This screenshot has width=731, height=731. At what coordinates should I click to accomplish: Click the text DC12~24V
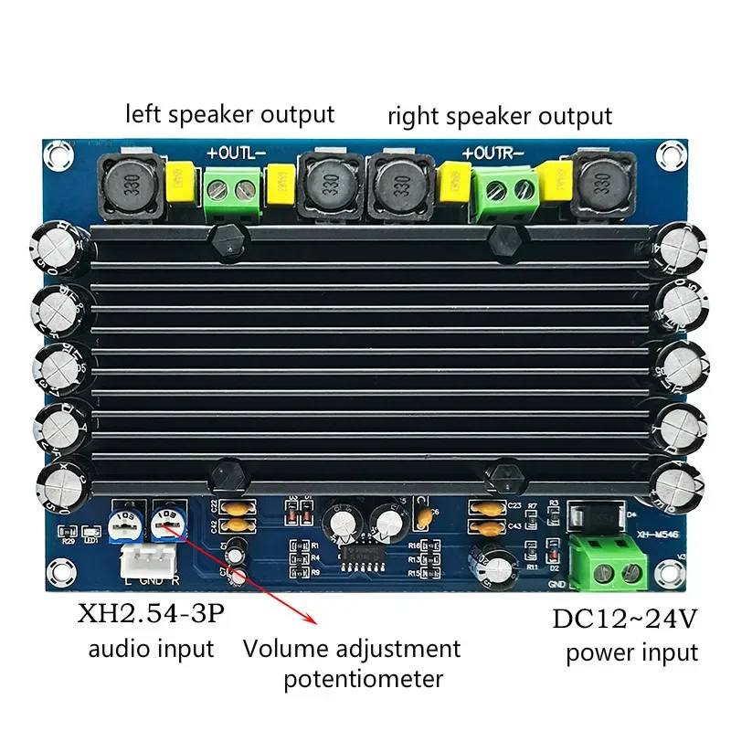coord(625,619)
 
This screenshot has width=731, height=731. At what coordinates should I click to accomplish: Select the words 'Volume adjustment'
coord(352,650)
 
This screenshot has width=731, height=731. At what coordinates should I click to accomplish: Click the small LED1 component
coord(90,532)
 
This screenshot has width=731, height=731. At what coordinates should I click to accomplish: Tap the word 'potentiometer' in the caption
coord(363,679)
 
